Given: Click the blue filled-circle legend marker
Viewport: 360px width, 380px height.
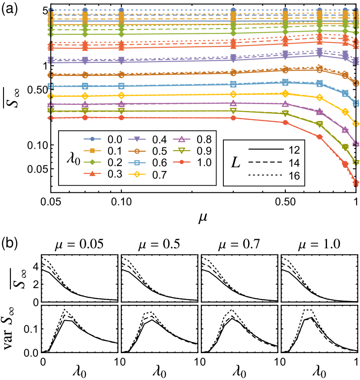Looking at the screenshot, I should (x=92, y=139).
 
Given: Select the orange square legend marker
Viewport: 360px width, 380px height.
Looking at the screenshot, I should (x=92, y=151).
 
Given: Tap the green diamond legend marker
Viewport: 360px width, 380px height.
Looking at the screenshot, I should (x=92, y=162).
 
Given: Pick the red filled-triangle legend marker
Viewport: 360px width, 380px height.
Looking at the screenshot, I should (x=92, y=173).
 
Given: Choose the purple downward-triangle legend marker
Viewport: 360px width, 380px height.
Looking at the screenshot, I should (x=137, y=139).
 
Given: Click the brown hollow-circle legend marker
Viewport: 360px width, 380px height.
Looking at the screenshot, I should (x=137, y=151).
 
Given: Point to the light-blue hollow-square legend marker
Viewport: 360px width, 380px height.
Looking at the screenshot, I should (x=137, y=163).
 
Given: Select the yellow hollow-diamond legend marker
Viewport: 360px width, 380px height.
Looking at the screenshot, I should (x=137, y=174).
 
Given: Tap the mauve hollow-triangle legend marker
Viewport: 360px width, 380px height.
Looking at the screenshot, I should (x=182, y=139).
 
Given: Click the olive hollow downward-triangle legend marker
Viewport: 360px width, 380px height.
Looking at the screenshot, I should (x=182, y=151).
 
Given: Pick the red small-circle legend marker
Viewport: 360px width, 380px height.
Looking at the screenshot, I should (x=182, y=162).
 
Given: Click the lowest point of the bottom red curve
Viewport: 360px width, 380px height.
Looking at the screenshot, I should (x=356, y=183).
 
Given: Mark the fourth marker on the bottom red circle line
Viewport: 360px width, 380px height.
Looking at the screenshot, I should (x=233, y=118).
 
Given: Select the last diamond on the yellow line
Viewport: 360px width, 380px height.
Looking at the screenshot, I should (x=356, y=124).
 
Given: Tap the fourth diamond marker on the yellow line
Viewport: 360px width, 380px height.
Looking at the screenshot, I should (x=233, y=94).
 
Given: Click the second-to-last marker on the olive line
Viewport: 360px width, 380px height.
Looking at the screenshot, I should (x=345, y=147).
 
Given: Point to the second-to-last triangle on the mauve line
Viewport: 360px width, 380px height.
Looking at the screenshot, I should (x=345, y=130).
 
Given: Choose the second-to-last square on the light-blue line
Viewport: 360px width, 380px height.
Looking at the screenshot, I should (x=345, y=93).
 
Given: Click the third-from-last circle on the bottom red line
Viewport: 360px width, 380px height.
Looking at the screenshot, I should (x=320, y=136).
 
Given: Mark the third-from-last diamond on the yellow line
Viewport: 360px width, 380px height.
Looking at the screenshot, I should (x=320, y=97).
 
